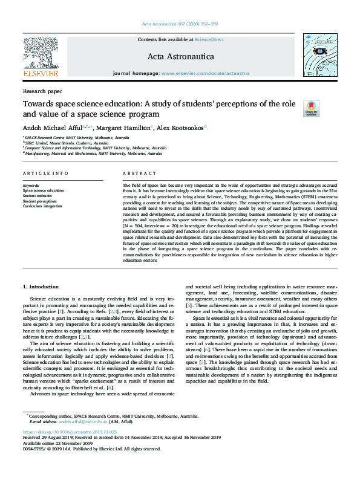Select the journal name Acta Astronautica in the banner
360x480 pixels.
tap(180, 56)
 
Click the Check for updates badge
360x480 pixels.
tap(311, 108)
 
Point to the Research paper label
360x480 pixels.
tap(42, 91)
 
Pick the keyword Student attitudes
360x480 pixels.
tap(38, 196)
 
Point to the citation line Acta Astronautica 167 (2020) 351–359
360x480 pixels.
tap(179, 23)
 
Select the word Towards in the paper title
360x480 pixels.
tap(38, 103)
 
